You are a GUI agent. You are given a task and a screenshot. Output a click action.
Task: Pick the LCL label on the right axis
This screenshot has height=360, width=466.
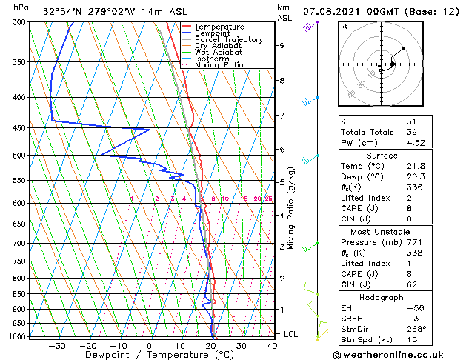(292, 334)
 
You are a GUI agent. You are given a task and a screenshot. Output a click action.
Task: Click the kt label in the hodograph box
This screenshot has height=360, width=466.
(344, 26)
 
